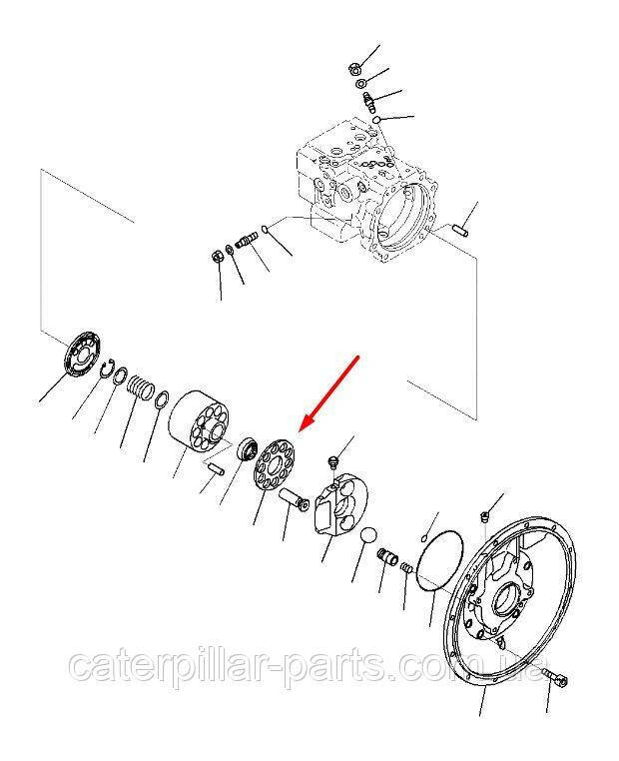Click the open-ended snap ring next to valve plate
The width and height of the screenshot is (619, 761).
tap(107, 368)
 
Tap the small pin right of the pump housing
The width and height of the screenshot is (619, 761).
tap(461, 229)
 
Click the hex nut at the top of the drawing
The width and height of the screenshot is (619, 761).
tap(354, 69)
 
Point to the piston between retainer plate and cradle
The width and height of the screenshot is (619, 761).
tap(294, 500)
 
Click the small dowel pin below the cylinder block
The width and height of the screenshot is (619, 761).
tap(216, 468)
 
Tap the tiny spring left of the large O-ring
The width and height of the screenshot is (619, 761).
tap(407, 567)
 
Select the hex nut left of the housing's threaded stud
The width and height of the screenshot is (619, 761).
tap(218, 256)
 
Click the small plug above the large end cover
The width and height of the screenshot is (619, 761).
tap(483, 516)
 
